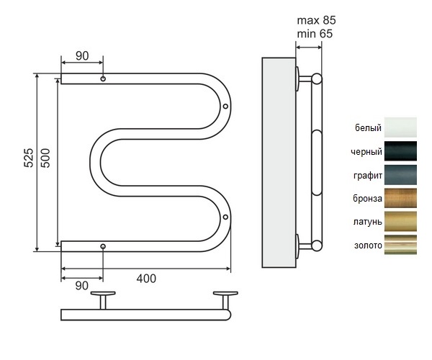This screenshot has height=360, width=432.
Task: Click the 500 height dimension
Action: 45,163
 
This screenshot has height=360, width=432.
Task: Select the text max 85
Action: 315,19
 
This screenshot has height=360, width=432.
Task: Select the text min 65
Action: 315,33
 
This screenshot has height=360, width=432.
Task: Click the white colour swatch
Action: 400,128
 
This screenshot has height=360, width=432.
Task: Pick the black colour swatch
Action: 400,151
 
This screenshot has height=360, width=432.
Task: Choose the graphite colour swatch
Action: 400,175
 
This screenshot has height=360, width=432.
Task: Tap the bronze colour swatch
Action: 400,198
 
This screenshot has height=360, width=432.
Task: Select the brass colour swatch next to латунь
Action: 400,221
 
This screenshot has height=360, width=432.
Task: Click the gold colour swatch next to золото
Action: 400,245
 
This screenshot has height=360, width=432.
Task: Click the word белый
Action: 368,129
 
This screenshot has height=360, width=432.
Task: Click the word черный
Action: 365,152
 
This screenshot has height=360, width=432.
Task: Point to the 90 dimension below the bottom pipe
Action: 81,285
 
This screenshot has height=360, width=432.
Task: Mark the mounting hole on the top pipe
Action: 103,78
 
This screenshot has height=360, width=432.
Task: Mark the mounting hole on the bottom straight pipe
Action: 103,247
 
